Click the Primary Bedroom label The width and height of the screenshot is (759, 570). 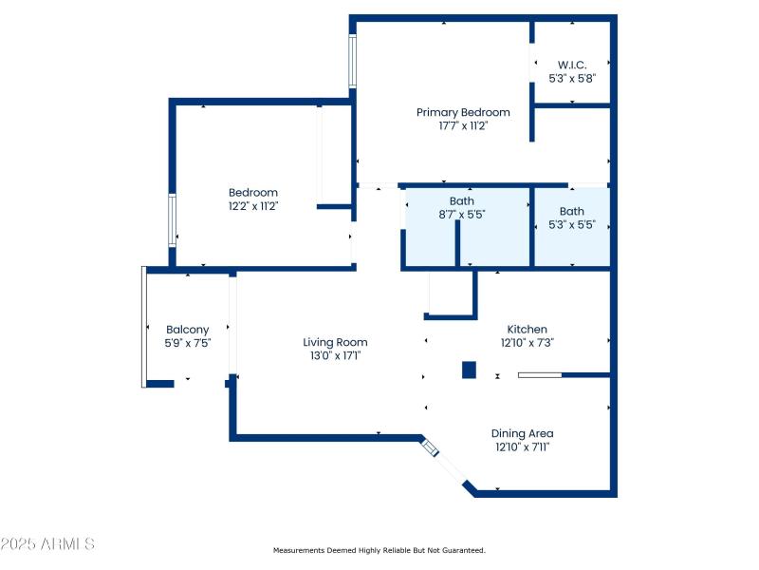click(463, 112)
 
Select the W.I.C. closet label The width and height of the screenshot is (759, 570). click(572, 65)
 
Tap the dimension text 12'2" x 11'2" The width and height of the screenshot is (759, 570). click(252, 205)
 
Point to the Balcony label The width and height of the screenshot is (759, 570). click(187, 330)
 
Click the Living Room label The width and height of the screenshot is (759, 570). click(335, 342)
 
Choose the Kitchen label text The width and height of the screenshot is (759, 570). click(527, 329)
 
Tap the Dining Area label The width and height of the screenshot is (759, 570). click(522, 433)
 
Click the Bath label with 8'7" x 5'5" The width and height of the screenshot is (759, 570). click(462, 200)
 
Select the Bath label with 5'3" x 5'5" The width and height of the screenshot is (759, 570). click(572, 211)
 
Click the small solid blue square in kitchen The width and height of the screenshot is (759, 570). click(469, 370)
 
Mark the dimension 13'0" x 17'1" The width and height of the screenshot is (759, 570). click(335, 355)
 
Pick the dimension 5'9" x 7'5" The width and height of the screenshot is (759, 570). click(187, 343)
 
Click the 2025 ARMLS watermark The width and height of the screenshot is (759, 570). click(47, 544)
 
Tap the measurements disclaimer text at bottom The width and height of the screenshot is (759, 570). click(379, 550)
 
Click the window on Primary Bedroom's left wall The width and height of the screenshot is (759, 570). click(353, 62)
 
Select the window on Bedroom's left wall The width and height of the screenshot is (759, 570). click(172, 220)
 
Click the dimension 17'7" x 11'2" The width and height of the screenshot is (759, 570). click(463, 125)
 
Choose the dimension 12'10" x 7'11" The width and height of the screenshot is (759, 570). click(522, 446)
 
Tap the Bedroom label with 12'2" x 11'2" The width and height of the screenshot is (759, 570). click(252, 192)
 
